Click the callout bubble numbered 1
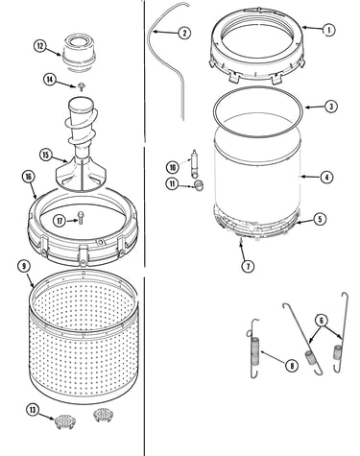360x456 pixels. [327, 30]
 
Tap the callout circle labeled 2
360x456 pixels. [184, 33]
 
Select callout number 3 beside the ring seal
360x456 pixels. [330, 107]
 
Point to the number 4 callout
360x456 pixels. [326, 177]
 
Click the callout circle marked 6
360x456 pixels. [322, 321]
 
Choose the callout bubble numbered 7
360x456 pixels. [248, 266]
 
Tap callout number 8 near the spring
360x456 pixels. [292, 365]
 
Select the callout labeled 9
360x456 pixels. [24, 266]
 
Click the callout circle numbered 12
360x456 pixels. [40, 46]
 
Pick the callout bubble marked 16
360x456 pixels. [29, 177]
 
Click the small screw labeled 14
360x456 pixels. [82, 85]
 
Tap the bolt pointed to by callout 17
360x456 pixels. [80, 218]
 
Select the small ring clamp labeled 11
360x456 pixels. [199, 184]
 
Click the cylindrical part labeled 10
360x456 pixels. [194, 164]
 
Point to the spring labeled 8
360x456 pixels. [255, 348]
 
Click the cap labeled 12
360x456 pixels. [79, 52]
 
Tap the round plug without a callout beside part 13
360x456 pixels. [103, 415]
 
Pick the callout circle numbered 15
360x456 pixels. [46, 156]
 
